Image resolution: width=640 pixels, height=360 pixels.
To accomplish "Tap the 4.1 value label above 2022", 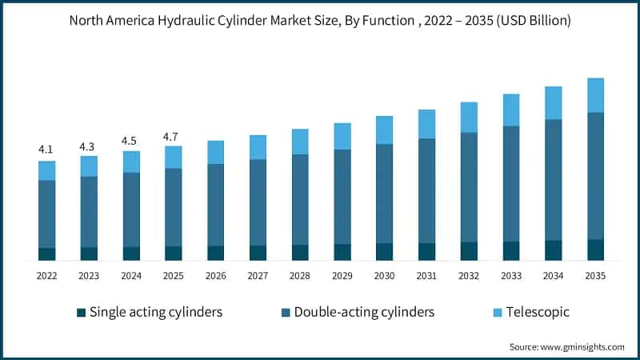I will point(46,150).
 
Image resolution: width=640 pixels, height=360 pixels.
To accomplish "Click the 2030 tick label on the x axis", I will point(384,276).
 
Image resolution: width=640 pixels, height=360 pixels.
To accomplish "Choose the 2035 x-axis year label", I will point(595,276).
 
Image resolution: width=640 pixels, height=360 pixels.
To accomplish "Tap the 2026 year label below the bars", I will point(215,276).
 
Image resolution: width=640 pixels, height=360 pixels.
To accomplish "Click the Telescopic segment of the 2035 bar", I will point(595,95).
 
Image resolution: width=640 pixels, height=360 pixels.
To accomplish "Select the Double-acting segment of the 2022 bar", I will point(46,214).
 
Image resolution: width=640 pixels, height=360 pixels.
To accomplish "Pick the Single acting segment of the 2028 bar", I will point(300,252).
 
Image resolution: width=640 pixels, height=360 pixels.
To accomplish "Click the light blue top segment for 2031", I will point(426,124).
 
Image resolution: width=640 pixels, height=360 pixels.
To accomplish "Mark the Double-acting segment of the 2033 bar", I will point(511,183).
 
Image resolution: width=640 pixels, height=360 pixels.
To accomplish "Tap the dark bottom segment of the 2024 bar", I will point(131,254).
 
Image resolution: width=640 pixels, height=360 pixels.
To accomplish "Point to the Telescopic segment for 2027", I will point(258,147).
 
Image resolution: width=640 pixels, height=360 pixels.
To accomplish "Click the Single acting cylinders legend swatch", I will point(81,312).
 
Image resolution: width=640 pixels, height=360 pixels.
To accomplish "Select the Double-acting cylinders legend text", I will point(364,312).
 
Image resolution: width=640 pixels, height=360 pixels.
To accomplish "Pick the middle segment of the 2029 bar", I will point(342,197).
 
